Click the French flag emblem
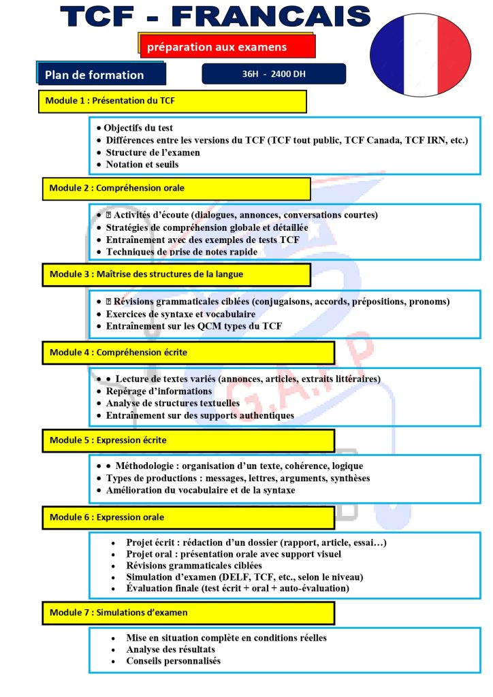(420, 54)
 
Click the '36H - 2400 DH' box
(274, 74)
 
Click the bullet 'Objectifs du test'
(139, 128)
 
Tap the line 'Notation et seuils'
(143, 165)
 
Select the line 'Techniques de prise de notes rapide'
(181, 252)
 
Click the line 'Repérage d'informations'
(159, 391)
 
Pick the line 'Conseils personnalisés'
(173, 661)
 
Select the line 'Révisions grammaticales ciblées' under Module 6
(193, 566)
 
